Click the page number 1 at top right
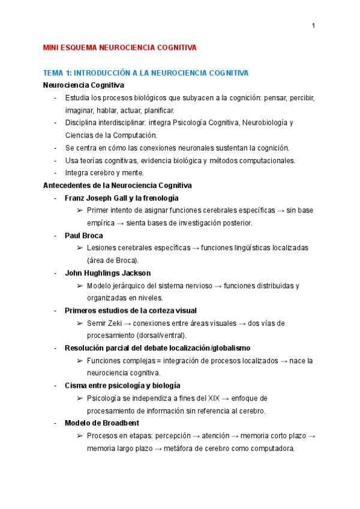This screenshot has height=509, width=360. click(314, 25)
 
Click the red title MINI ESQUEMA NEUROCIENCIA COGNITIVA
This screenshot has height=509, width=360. click(120, 47)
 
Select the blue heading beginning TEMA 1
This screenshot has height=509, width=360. click(146, 73)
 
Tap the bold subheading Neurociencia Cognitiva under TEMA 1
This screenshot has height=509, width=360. click(83, 86)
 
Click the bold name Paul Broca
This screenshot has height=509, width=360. click(83, 236)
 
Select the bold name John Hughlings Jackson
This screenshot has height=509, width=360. click(108, 273)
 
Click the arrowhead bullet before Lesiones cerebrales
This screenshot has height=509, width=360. click(80, 248)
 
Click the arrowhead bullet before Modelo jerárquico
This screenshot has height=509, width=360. click(80, 286)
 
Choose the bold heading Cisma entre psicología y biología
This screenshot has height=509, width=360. click(122, 385)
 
